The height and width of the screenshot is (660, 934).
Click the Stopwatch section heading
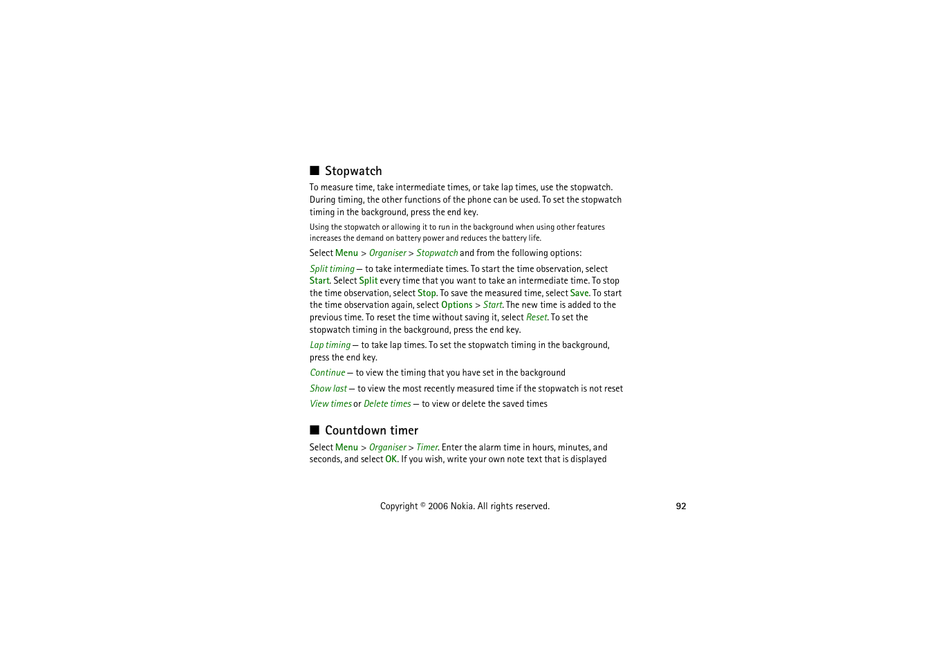[x=353, y=171]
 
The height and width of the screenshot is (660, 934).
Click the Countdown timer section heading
[x=371, y=430]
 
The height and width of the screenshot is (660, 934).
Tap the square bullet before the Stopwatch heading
[x=315, y=170]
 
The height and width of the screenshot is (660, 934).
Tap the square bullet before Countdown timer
[x=315, y=430]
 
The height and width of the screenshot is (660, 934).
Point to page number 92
[x=681, y=506]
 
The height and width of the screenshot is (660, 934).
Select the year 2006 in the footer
[x=438, y=506]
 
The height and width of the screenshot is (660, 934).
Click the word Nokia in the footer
[x=462, y=506]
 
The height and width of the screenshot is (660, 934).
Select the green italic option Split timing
[x=332, y=269]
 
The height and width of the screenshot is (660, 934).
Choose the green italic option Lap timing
[x=330, y=345]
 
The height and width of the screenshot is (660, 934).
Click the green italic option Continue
[x=327, y=373]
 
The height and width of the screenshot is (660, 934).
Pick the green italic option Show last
[x=328, y=389]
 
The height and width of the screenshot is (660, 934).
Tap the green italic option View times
[x=330, y=404]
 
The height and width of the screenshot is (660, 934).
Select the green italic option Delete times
[x=387, y=404]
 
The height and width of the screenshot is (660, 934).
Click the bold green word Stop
[x=427, y=293]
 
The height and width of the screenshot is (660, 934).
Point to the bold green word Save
[x=579, y=293]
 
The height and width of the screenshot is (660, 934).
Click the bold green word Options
[x=457, y=305]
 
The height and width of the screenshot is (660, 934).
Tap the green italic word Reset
[x=536, y=318]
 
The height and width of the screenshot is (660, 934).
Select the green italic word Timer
[x=427, y=448]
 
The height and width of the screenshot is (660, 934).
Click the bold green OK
[x=391, y=459]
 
